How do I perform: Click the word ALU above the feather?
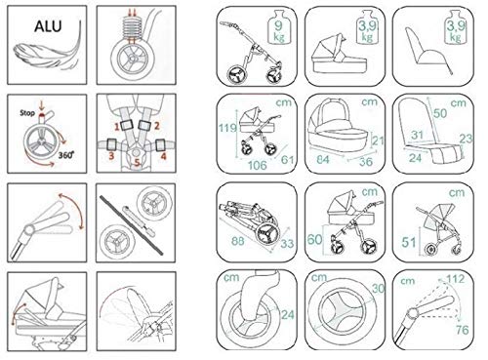tap(48, 26)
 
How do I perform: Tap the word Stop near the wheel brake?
tap(27, 113)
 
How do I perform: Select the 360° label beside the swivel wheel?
tap(66, 154)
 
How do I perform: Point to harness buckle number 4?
tap(161, 145)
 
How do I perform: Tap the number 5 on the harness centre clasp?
tap(137, 163)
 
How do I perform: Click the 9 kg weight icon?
tap(279, 27)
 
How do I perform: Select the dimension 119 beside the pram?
tap(227, 128)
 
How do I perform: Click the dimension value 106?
tap(258, 165)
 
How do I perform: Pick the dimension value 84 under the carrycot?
tap(323, 159)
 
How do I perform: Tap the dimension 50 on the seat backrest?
tap(440, 113)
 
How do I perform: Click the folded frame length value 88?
tap(238, 241)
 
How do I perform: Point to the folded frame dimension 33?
tap(287, 243)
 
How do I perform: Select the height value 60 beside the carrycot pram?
tap(314, 240)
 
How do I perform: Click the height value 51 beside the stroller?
tap(409, 242)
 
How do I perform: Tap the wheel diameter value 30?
tap(379, 289)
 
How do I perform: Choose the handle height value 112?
tap(456, 279)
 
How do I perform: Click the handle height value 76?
tap(463, 330)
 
